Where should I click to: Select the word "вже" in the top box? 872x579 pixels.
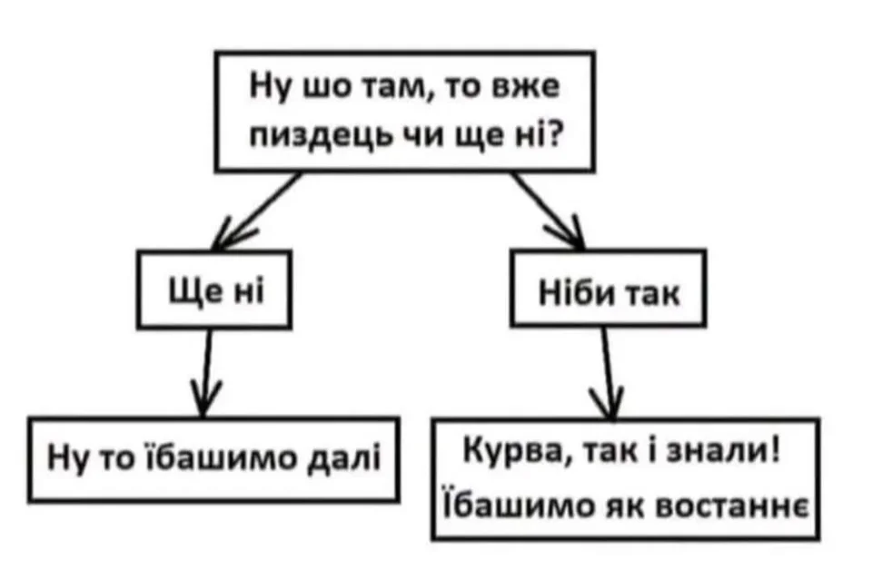(x=526, y=87)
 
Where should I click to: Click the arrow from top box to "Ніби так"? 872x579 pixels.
(x=548, y=211)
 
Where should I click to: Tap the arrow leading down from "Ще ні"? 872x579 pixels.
(x=206, y=372)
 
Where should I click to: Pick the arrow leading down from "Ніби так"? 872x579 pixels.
(x=609, y=373)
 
